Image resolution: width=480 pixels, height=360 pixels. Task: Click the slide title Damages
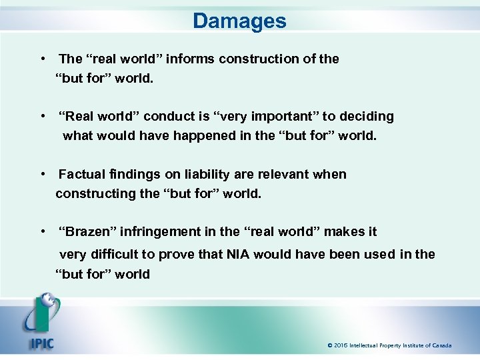pyautogui.click(x=239, y=21)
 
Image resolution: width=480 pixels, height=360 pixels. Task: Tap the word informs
pyautogui.click(x=188, y=59)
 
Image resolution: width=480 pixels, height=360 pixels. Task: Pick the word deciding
pyautogui.click(x=366, y=117)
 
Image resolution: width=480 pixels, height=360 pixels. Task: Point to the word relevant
pyautogui.click(x=273, y=174)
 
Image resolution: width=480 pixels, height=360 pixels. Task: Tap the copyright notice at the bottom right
pyautogui.click(x=389, y=345)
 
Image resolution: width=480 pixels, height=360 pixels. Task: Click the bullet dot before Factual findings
pyautogui.click(x=42, y=174)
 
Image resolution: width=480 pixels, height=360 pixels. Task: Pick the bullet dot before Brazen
pyautogui.click(x=42, y=232)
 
